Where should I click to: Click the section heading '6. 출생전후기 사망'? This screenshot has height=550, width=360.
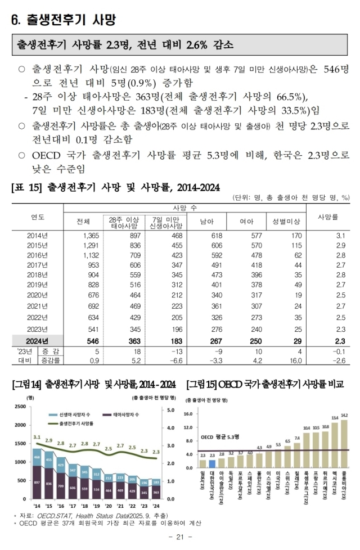64,20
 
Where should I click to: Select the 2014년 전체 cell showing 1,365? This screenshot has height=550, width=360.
90,235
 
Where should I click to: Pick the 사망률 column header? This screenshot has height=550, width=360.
327,217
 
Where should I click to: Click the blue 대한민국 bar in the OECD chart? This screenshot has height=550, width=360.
211,463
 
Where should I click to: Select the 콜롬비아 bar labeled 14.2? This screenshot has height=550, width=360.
344,444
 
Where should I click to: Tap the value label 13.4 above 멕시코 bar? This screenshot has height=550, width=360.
335,417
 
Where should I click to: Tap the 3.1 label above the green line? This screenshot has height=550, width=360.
37,436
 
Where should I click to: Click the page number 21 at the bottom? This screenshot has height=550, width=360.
180,538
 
